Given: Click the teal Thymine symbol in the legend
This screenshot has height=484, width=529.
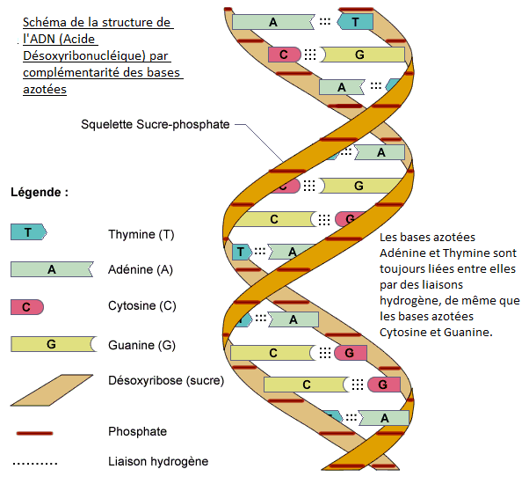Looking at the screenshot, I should pyautogui.click(x=28, y=232).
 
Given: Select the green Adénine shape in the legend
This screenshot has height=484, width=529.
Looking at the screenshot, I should pyautogui.click(x=51, y=269).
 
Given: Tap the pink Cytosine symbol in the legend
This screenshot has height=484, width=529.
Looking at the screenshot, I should pyautogui.click(x=26, y=306).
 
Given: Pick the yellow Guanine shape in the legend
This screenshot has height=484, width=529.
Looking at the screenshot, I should pyautogui.click(x=51, y=344).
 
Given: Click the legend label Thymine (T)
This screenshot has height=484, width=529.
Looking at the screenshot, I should pyautogui.click(x=140, y=234).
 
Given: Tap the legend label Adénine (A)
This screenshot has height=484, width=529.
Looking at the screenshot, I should pyautogui.click(x=141, y=270).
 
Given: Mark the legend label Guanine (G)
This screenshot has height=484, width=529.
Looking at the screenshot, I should pyautogui.click(x=141, y=344).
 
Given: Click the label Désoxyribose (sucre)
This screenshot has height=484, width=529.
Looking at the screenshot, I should pyautogui.click(x=166, y=381).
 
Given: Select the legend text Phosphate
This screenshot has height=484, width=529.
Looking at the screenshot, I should pyautogui.click(x=137, y=432).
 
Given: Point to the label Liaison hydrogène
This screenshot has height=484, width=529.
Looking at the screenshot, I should pyautogui.click(x=158, y=460).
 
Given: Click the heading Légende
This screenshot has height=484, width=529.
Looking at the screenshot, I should pyautogui.click(x=40, y=191).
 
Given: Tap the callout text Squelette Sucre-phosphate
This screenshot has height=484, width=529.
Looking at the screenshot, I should pyautogui.click(x=155, y=125).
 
